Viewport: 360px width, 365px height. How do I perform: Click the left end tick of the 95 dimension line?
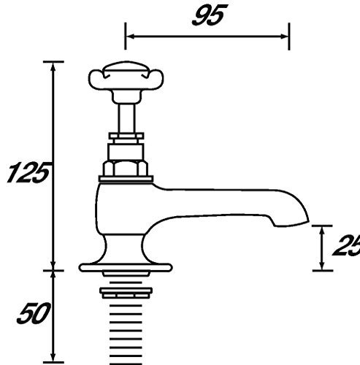(x=126, y=34)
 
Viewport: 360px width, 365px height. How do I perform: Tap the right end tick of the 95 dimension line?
(x=289, y=34)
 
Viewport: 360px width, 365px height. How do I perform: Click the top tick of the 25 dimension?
(x=322, y=226)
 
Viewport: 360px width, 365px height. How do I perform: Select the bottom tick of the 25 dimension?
(x=322, y=269)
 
